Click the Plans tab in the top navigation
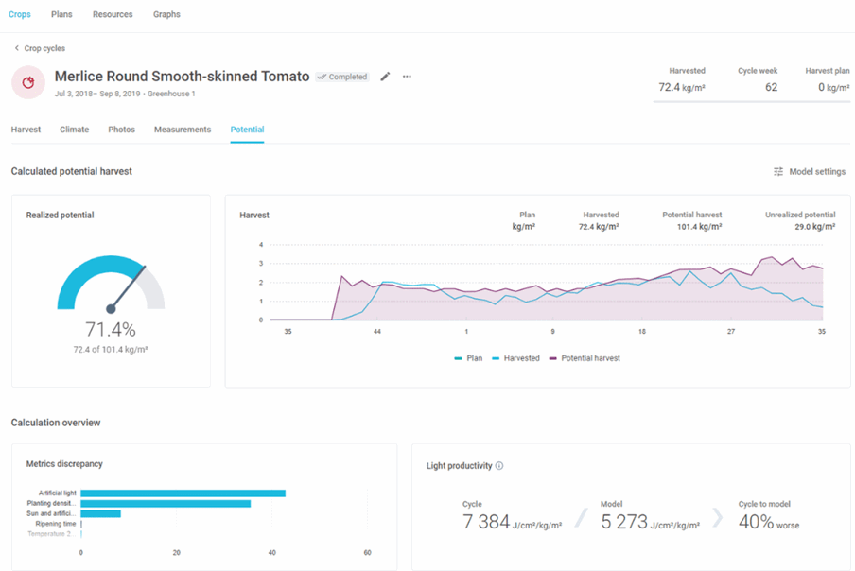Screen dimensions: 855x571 point(61,14)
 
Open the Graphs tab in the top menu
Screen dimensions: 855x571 point(166,14)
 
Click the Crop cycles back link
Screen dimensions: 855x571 point(40,48)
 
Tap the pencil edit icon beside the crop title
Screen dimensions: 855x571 point(385,77)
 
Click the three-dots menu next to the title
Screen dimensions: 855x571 point(407,77)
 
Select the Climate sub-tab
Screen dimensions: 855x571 point(74,130)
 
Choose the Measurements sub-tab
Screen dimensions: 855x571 point(183,130)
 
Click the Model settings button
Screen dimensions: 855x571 point(810,172)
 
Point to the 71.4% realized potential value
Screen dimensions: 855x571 point(111,329)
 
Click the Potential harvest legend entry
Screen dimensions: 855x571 point(585,358)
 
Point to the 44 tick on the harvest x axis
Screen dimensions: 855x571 point(376,331)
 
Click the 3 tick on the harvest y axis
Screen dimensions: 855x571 point(261,263)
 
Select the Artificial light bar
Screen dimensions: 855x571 point(183,493)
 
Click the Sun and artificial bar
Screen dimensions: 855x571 point(101,513)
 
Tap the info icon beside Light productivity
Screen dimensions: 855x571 point(499,466)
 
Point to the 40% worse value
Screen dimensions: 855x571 point(769,522)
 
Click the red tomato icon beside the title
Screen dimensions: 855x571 point(28,82)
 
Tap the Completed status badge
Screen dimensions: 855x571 point(342,77)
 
